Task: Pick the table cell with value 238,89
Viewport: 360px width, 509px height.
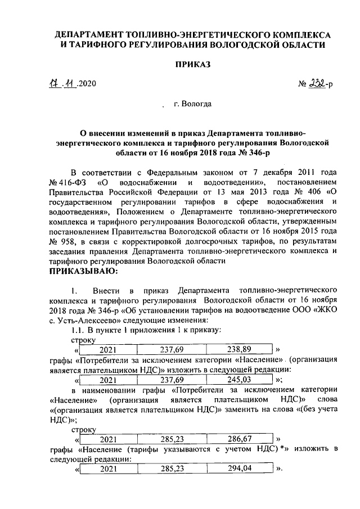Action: tap(244, 349)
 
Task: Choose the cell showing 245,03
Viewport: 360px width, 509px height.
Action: tap(244, 380)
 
